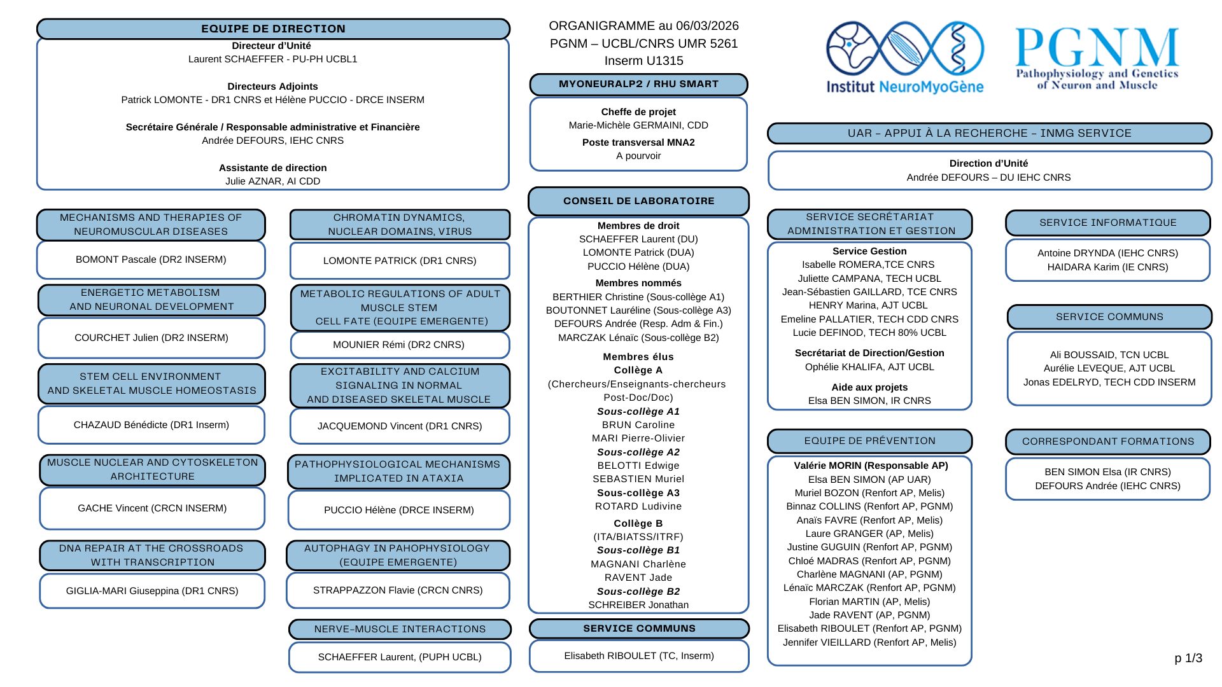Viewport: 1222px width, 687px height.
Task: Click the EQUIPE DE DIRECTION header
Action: pos(273,29)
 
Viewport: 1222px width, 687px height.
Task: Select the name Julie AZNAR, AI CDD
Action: pos(272,181)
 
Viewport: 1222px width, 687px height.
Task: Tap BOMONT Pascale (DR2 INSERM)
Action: pos(151,260)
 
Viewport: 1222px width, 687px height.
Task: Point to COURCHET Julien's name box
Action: pos(151,338)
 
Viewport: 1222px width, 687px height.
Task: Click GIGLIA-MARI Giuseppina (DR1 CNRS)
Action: pos(152,591)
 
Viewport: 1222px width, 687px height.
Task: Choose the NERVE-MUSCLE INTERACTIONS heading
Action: pos(400,629)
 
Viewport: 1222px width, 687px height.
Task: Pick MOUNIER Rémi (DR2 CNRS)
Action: pos(398,345)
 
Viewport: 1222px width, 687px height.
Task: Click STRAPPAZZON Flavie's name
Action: pos(398,590)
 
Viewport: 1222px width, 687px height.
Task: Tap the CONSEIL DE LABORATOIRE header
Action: pos(638,201)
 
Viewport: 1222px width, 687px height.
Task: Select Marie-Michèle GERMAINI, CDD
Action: pos(638,125)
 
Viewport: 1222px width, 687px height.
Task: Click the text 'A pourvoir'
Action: pos(638,156)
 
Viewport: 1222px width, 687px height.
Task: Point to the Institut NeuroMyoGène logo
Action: pos(904,57)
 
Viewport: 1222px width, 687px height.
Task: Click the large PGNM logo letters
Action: pos(1097,47)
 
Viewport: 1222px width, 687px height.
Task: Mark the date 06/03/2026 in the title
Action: pos(707,26)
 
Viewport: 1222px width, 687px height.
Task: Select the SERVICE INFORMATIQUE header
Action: pos(1107,223)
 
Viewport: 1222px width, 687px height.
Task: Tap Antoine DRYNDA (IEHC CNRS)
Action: pos(1107,253)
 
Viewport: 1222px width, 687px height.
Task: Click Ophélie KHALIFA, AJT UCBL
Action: pos(869,367)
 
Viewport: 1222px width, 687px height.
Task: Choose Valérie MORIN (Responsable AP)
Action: pos(871,466)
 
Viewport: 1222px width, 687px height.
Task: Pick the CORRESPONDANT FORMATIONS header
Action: pos(1107,441)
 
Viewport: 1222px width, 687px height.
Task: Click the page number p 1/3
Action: pos(1188,658)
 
